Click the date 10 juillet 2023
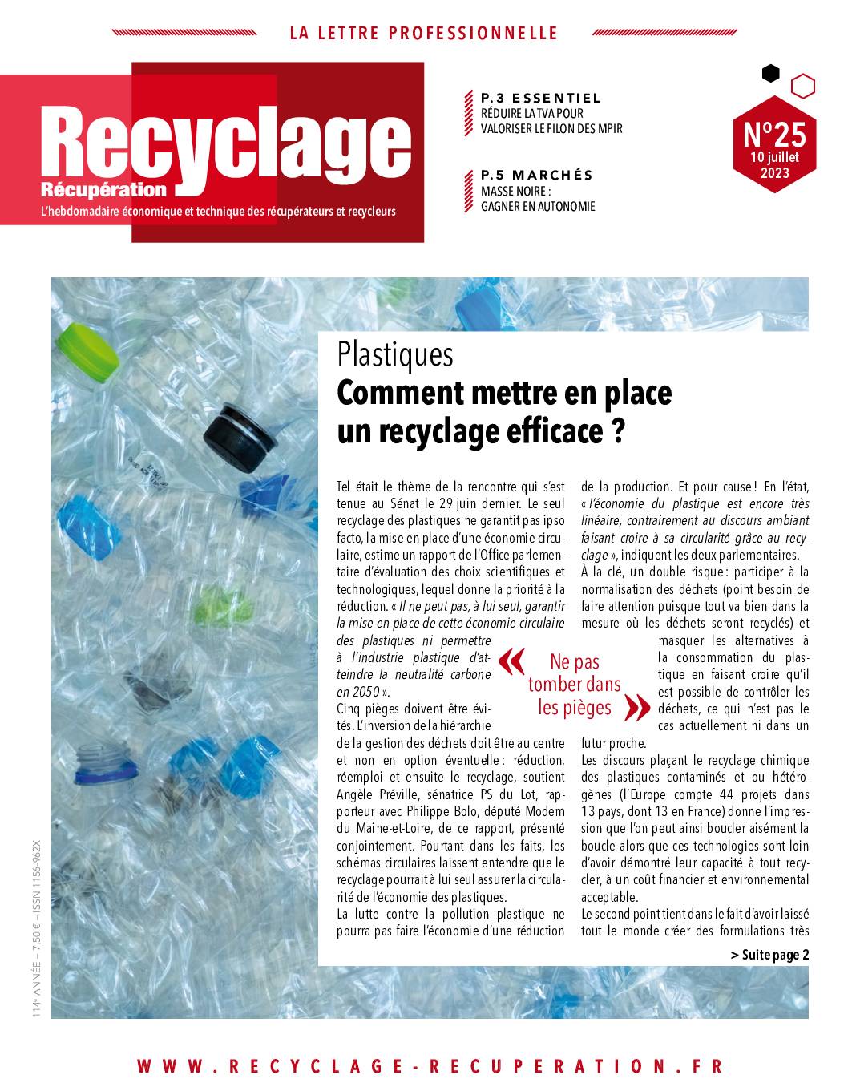click(774, 164)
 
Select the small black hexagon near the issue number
click(770, 74)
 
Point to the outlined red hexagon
click(802, 84)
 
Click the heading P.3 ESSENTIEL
click(540, 98)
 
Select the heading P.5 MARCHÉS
click(536, 175)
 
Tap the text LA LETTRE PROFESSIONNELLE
click(423, 33)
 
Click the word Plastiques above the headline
click(394, 354)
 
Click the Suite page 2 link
click(769, 954)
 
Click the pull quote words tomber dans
click(574, 685)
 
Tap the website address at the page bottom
click(430, 1066)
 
